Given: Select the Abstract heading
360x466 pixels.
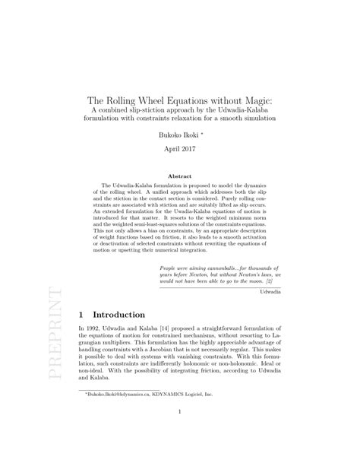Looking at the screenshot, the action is click(179, 175).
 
